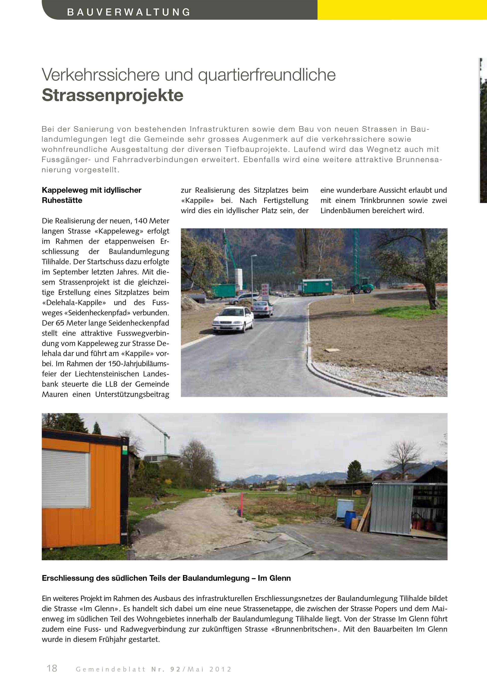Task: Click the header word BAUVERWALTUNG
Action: point(129,12)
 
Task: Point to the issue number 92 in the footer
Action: point(175,669)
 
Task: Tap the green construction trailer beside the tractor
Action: point(317,286)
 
